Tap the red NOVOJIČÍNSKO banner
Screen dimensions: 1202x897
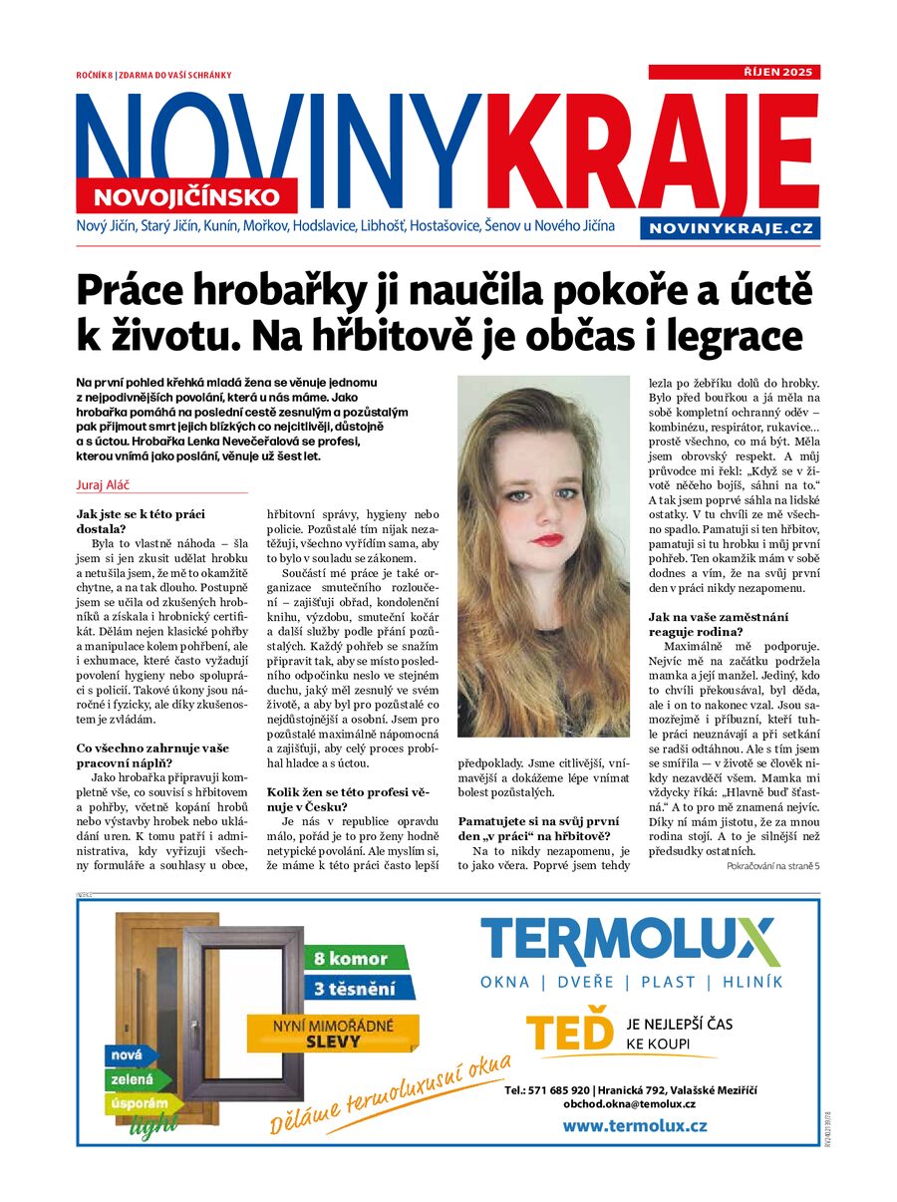(186, 195)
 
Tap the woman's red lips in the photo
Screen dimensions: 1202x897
(546, 540)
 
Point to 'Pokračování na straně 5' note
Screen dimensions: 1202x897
(772, 867)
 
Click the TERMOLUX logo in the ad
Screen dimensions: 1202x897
(628, 943)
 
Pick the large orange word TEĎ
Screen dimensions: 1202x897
(569, 1034)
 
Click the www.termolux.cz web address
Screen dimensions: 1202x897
(635, 1125)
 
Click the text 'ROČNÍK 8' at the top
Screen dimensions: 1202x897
(95, 75)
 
